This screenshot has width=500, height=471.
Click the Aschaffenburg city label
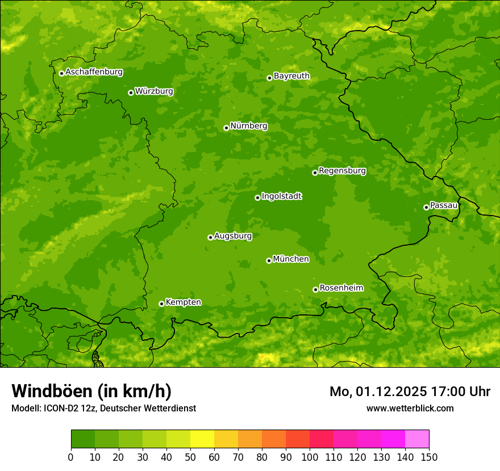point(94,72)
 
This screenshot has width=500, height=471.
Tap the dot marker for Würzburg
point(131,92)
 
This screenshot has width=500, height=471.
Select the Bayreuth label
point(291,76)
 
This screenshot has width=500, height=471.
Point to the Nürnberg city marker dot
point(226,128)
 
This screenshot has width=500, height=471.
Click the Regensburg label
point(342,171)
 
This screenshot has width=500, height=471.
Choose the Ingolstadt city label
point(281,196)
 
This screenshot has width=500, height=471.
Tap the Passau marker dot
point(426,207)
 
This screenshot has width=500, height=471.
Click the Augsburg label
point(233,236)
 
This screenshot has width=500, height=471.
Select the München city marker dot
point(269,260)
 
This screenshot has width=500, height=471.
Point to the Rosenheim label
point(341,288)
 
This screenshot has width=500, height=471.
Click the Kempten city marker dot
point(161,304)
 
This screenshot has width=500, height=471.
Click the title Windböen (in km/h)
point(91,391)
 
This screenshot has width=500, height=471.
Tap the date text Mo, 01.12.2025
point(378,392)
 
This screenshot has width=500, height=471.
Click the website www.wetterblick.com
point(410,408)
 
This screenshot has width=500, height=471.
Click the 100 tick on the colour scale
point(310,456)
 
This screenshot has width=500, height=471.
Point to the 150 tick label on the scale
point(429,456)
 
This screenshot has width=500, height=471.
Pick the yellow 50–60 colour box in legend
point(202,439)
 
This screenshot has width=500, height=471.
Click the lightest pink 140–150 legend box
point(417,439)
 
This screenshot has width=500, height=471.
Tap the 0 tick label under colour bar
point(71,456)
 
